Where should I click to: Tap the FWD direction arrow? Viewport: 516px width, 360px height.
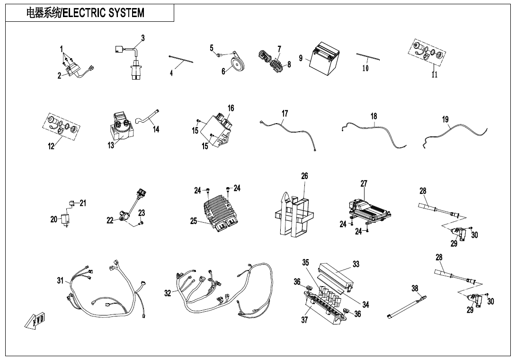[35, 322]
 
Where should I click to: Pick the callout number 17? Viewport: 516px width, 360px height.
[285, 114]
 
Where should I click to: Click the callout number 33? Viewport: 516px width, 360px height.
[356, 264]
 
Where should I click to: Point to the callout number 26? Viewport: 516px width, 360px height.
[304, 176]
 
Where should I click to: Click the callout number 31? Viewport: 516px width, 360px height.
[60, 280]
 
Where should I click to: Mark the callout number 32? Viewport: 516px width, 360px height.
[168, 293]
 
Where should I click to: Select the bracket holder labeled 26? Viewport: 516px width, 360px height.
[294, 216]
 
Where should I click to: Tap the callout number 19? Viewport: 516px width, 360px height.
[445, 119]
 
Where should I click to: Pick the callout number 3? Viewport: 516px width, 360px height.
[143, 38]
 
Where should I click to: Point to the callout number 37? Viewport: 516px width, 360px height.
[304, 320]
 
